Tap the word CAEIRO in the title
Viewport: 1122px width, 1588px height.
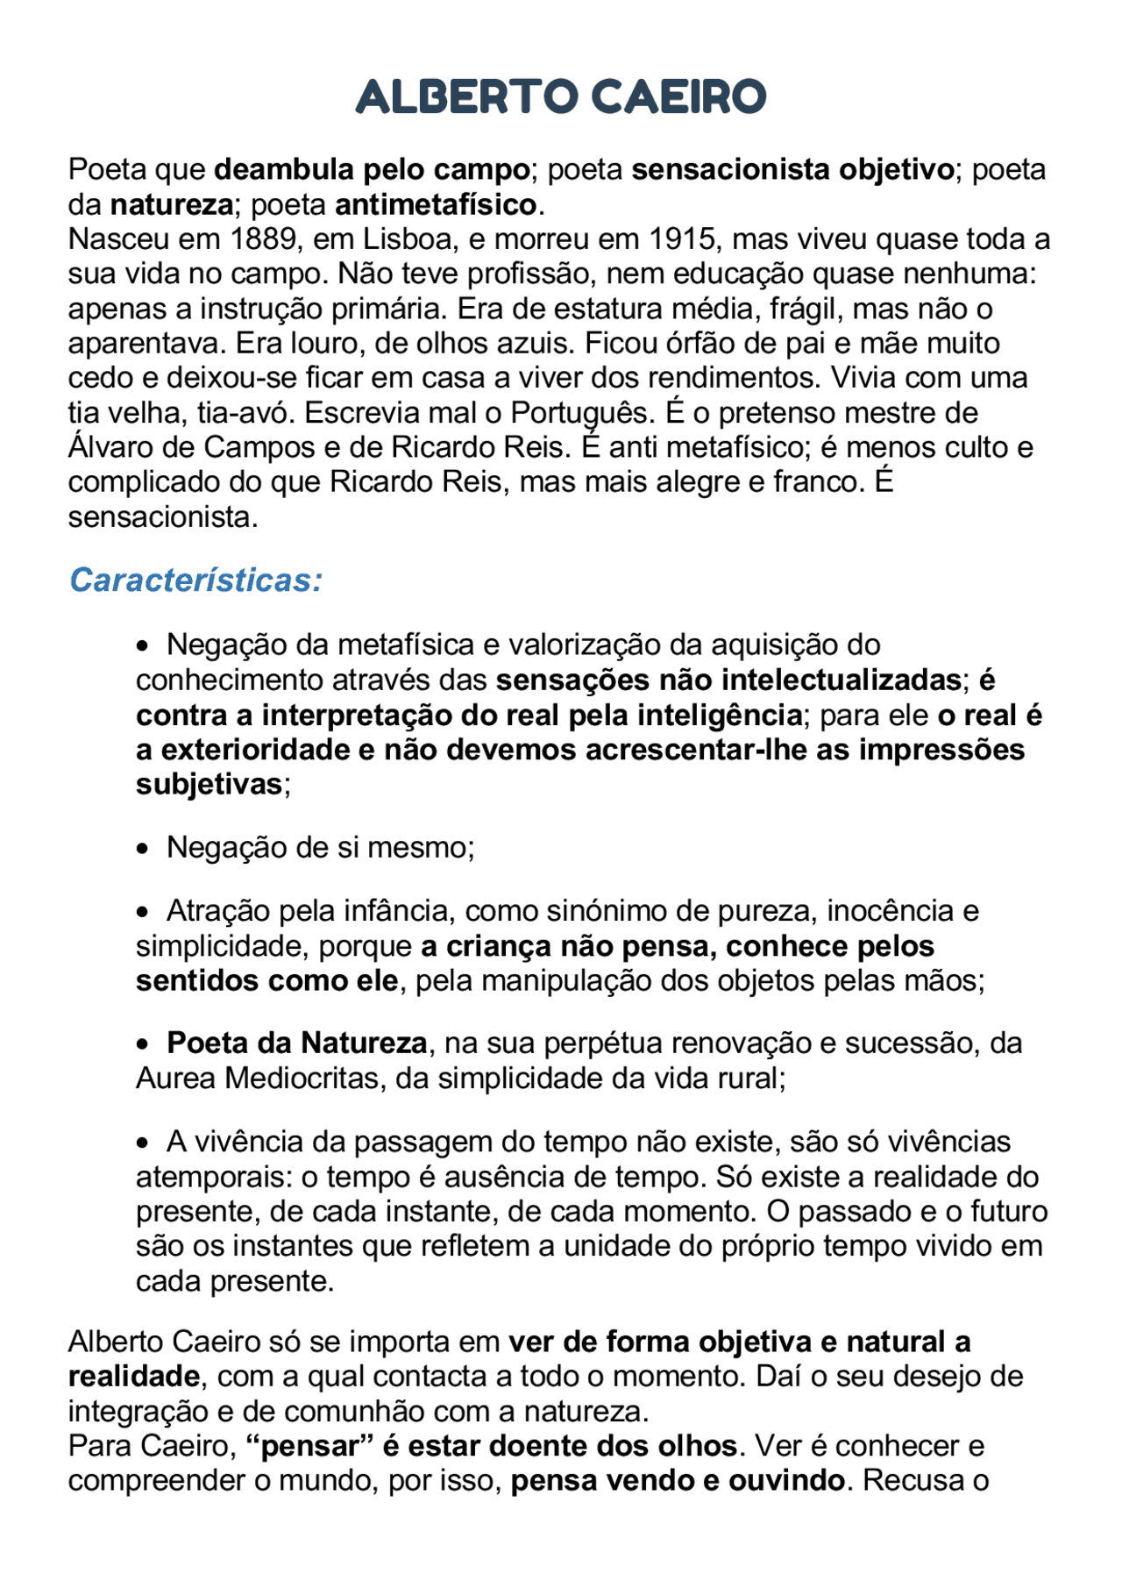[x=678, y=96]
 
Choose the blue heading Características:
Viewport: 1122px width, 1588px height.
[x=195, y=580]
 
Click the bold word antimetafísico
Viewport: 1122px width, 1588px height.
[x=436, y=204]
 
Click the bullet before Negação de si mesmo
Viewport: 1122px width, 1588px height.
[x=143, y=850]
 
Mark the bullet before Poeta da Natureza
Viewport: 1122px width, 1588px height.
[x=143, y=1045]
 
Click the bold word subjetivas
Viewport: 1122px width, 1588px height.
[x=209, y=784]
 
